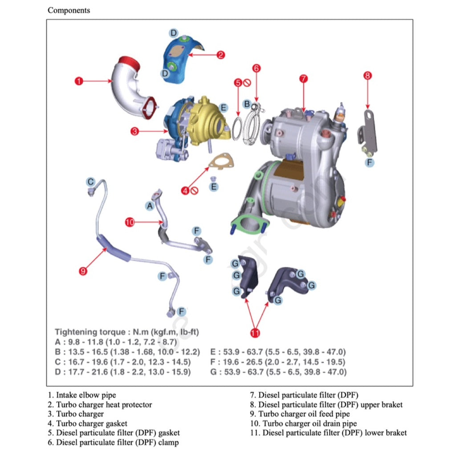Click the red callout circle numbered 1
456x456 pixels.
(79, 81)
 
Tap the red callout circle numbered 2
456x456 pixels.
(221, 55)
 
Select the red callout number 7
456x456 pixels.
(303, 79)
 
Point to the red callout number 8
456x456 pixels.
(367, 76)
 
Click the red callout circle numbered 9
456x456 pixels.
(83, 271)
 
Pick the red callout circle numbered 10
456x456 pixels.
(130, 222)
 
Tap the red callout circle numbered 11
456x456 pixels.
(255, 332)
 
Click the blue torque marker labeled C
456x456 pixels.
(90, 182)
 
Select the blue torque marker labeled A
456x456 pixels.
(150, 206)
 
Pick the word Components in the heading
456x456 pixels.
(69, 10)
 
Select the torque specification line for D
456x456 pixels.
(122, 372)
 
